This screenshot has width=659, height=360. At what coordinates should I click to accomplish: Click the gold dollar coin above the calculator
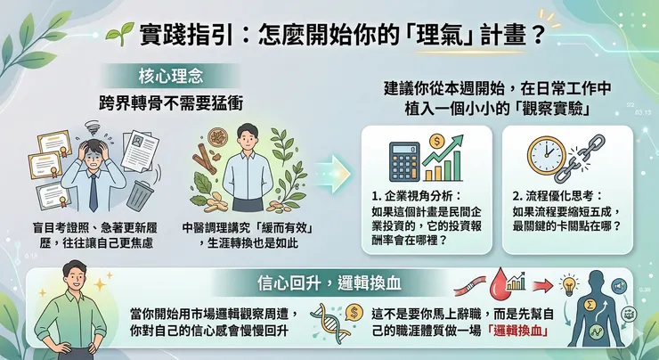coord(436,141)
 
